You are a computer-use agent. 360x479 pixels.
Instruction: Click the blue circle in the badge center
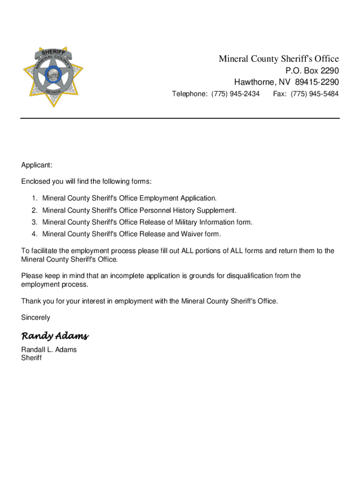pyautogui.click(x=52, y=74)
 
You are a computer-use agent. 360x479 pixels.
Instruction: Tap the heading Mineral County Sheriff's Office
pyautogui.click(x=279, y=59)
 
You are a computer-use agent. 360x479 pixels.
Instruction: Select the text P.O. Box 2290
pyautogui.click(x=312, y=71)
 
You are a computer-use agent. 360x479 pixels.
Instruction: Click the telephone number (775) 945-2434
pyautogui.click(x=235, y=94)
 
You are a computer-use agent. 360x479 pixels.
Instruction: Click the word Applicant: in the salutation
pyautogui.click(x=37, y=165)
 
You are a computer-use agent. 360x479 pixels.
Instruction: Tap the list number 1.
pyautogui.click(x=34, y=198)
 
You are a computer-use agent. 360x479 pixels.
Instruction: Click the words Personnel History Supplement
pyautogui.click(x=188, y=210)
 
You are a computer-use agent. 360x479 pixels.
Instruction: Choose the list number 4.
pyautogui.click(x=34, y=234)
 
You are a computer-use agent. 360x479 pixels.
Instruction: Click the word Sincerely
pyautogui.click(x=36, y=318)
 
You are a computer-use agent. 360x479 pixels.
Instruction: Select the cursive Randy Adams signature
pyautogui.click(x=55, y=336)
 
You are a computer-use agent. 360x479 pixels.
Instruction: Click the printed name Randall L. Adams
pyautogui.click(x=49, y=349)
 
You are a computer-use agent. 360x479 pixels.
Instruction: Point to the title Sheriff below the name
pyautogui.click(x=31, y=358)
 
